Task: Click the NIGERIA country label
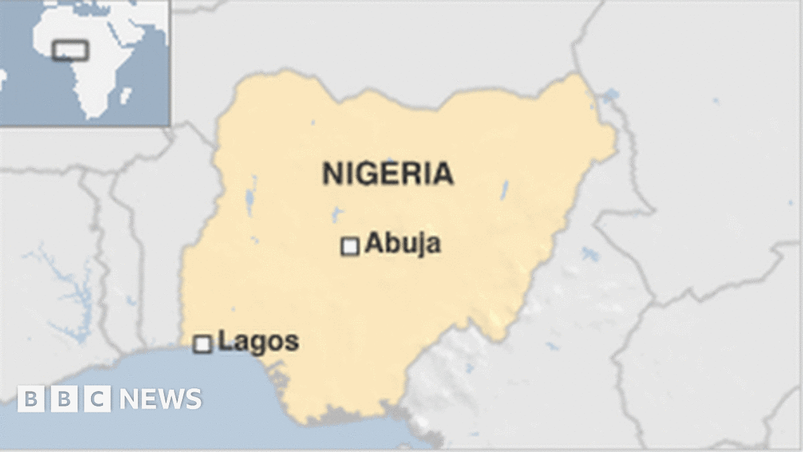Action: (387, 173)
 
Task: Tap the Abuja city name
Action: (402, 244)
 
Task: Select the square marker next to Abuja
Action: (350, 246)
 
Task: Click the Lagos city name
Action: (258, 342)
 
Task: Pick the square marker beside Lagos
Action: (202, 344)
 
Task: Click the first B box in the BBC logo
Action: (30, 399)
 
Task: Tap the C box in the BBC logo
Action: (98, 399)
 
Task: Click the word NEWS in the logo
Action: (161, 399)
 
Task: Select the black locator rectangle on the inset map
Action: (70, 50)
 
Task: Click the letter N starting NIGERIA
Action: (331, 173)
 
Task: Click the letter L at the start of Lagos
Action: (224, 342)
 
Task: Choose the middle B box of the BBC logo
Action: (64, 399)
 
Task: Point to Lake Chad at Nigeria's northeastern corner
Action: (609, 96)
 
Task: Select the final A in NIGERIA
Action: (443, 173)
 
